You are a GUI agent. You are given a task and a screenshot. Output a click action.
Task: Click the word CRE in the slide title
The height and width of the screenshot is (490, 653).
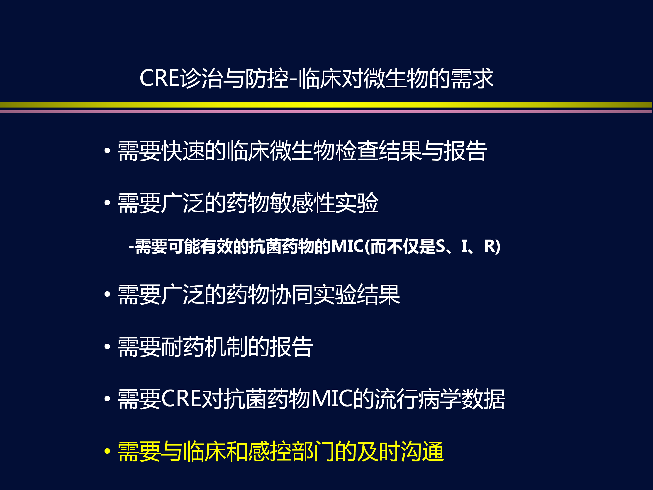(x=159, y=78)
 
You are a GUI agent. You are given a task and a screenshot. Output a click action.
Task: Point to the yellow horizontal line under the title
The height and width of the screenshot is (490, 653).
(x=326, y=105)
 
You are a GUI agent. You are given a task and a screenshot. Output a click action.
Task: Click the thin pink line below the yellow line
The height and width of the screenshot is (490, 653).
(x=326, y=112)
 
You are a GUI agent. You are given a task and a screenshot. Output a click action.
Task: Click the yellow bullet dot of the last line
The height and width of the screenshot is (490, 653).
(x=107, y=451)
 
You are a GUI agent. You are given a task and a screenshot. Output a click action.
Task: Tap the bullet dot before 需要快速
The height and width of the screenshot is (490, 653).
(x=107, y=151)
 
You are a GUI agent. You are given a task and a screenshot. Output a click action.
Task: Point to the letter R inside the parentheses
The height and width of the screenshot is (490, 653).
(x=490, y=246)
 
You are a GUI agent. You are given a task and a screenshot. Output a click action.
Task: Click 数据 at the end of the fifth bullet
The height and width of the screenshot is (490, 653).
(x=483, y=399)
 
